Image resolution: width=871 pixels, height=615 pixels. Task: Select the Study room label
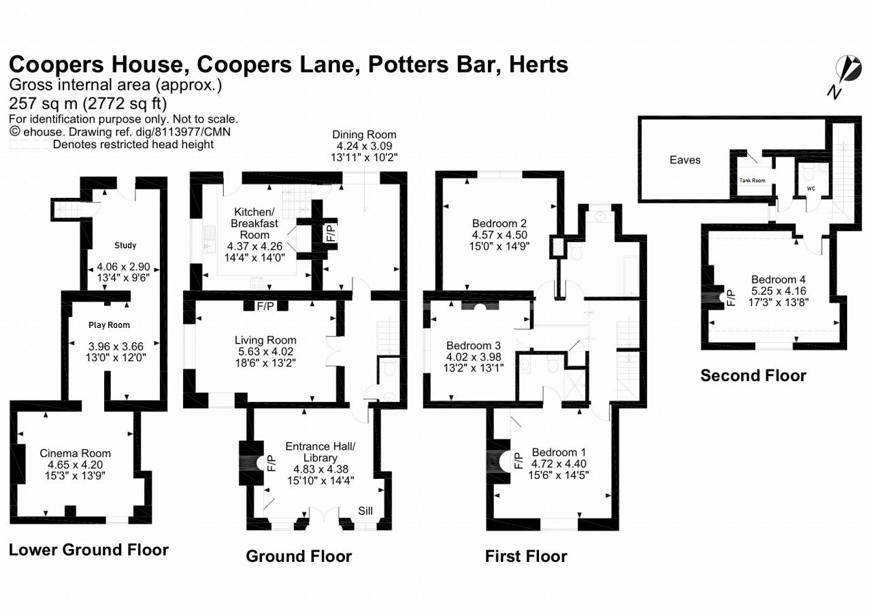coord(125,246)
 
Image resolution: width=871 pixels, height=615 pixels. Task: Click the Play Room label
coord(109,325)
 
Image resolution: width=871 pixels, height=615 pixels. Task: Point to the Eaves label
coord(685,160)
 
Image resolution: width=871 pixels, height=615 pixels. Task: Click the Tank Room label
coord(753,180)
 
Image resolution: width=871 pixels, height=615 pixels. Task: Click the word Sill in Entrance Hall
coord(365,511)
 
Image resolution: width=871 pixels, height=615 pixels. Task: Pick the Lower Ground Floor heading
coord(88,550)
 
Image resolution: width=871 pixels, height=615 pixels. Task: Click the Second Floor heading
coord(753,375)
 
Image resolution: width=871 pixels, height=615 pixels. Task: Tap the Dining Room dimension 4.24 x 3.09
coord(364,146)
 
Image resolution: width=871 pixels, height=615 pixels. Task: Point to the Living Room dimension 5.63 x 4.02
coord(265,352)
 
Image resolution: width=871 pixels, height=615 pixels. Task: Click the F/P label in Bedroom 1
coord(517,461)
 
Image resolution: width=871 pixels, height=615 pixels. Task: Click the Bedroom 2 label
coord(499,223)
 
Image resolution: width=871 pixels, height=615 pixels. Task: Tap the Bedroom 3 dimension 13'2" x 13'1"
coord(474,369)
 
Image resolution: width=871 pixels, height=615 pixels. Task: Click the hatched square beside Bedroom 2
coord(558,246)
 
